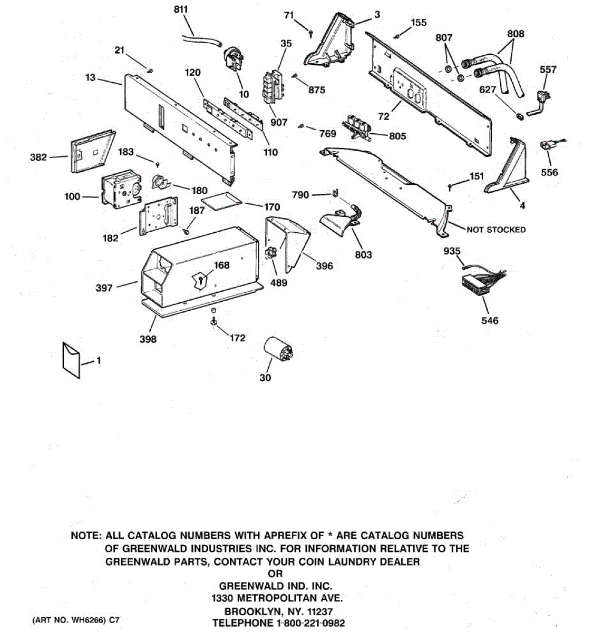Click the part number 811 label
coord(180,9)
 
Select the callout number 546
coord(490,320)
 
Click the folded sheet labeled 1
coord(72,359)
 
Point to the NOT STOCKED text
coord(496,230)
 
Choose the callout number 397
coord(104,288)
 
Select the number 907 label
coord(279,122)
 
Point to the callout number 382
coord(38,157)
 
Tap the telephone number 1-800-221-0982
coord(308,623)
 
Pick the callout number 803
coord(363,254)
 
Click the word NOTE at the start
coord(86,536)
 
